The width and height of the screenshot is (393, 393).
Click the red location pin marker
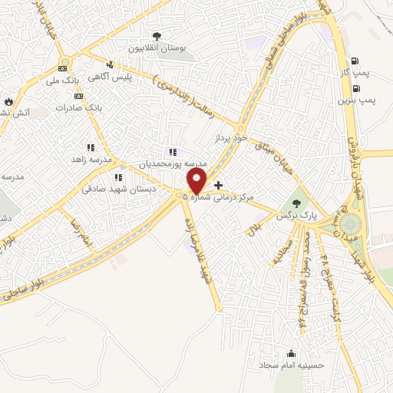196,181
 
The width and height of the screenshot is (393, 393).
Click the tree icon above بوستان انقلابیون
157,36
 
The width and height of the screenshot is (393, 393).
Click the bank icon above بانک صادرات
78,96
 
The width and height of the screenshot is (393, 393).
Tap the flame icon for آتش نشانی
8,101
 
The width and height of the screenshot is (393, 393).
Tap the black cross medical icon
218,185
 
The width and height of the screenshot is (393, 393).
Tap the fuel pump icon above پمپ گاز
353,61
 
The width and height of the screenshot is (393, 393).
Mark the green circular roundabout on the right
352,224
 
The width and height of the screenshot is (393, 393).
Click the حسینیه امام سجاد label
291,365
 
